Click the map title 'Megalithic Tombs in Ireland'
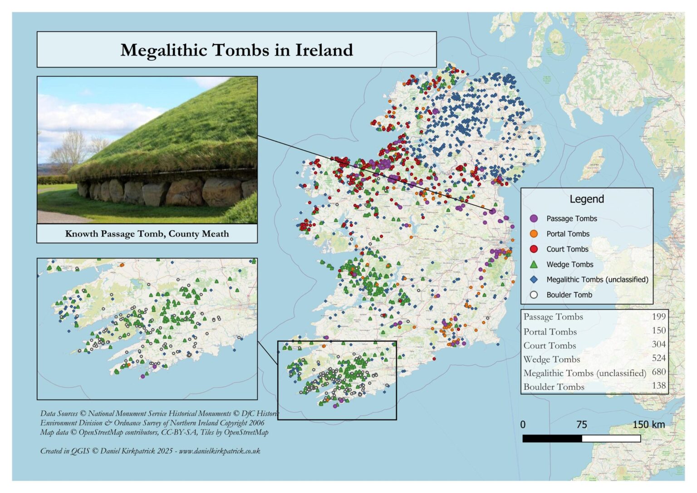click(236, 50)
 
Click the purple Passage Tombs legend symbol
click(534, 219)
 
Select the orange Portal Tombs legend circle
click(534, 234)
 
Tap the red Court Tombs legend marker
click(534, 249)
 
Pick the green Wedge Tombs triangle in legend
click(534, 264)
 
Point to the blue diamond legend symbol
click(534, 280)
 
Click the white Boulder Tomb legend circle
click(534, 295)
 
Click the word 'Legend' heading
click(586, 199)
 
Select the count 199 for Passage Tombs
click(658, 316)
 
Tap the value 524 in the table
click(658, 358)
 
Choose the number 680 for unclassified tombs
click(658, 372)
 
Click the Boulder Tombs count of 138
click(658, 386)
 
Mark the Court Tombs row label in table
click(550, 345)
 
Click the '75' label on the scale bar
click(581, 425)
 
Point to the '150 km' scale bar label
click(648, 425)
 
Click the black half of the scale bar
click(552, 439)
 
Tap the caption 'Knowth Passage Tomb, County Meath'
click(147, 234)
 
